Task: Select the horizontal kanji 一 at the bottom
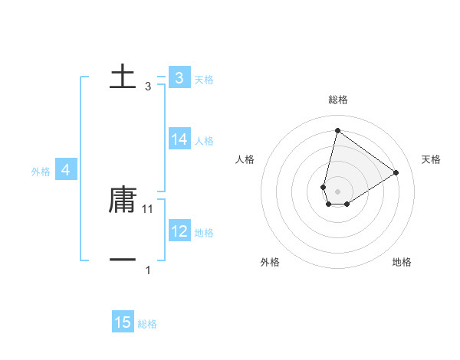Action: [x=123, y=260]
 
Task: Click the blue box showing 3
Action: [x=179, y=77]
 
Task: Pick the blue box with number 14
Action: [x=179, y=139]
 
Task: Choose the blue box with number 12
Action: [x=179, y=231]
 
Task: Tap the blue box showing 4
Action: [x=66, y=170]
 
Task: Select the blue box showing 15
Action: [x=123, y=322]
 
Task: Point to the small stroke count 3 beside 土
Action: [x=148, y=87]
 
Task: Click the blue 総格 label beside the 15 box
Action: [x=147, y=324]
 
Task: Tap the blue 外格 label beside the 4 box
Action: [x=41, y=172]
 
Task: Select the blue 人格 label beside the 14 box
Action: [x=204, y=141]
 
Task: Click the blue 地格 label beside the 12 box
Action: [x=204, y=233]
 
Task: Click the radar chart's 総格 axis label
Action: [x=338, y=100]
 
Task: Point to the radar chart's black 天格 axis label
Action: [x=431, y=159]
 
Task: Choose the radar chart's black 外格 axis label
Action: [x=270, y=262]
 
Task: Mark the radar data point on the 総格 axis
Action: [x=337, y=129]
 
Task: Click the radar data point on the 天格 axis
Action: [x=396, y=172]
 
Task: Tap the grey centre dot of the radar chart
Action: [x=337, y=191]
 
